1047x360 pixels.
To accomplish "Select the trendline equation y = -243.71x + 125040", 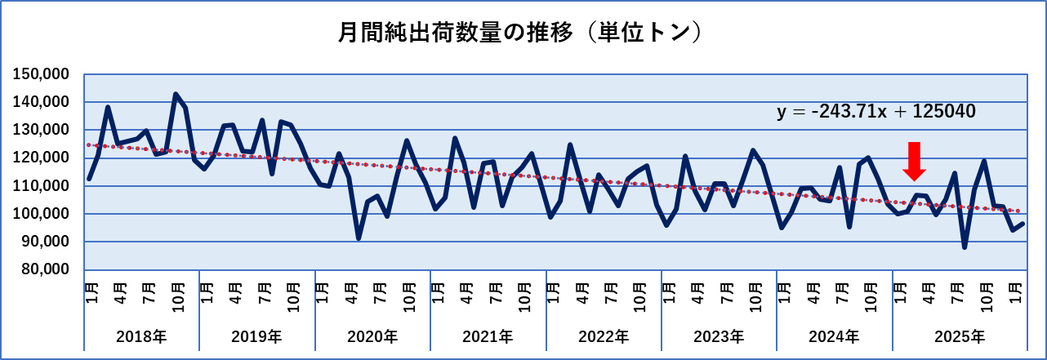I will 876,112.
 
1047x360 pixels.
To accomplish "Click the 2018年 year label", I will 141,336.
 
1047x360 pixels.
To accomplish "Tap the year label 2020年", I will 372,336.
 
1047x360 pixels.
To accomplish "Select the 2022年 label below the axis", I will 604,336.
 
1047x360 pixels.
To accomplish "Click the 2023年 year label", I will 720,336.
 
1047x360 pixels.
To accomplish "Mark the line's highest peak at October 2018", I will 176,94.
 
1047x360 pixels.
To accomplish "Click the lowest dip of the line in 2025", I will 965,247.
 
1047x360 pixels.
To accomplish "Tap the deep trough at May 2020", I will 359,238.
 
